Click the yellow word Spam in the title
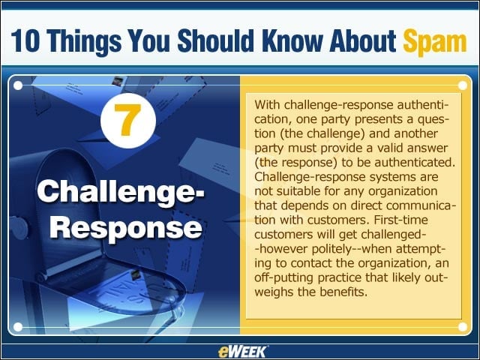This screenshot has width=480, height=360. [x=435, y=41]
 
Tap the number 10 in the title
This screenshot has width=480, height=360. [x=25, y=40]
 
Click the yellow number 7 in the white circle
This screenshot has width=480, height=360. [x=127, y=120]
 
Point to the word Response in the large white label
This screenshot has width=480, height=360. [x=126, y=228]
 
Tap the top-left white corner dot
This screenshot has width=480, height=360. [x=18, y=85]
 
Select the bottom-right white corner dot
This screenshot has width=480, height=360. [x=463, y=327]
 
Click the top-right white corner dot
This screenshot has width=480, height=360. [x=463, y=85]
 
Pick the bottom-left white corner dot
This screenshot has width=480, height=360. [x=18, y=327]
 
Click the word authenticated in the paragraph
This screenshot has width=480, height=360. [x=415, y=162]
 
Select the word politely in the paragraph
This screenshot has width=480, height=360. [x=332, y=249]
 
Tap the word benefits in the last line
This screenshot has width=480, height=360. [x=343, y=292]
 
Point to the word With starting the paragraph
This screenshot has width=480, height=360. [x=268, y=105]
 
